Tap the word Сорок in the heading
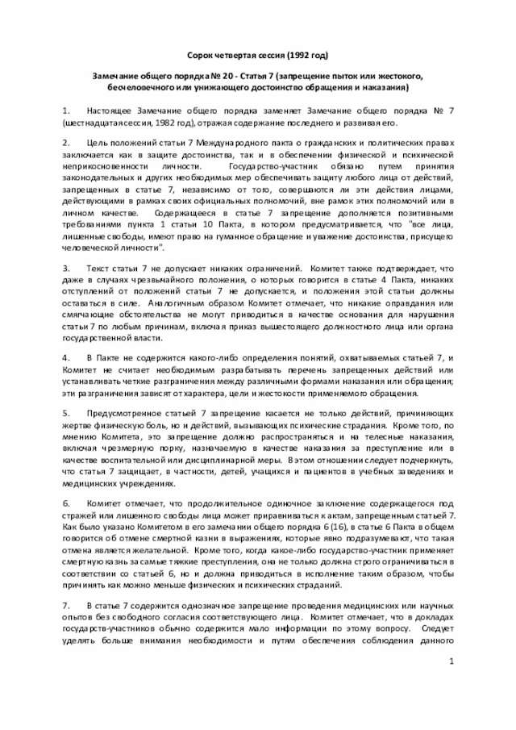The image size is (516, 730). (202, 55)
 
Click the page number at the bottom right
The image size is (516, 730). (451, 661)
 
